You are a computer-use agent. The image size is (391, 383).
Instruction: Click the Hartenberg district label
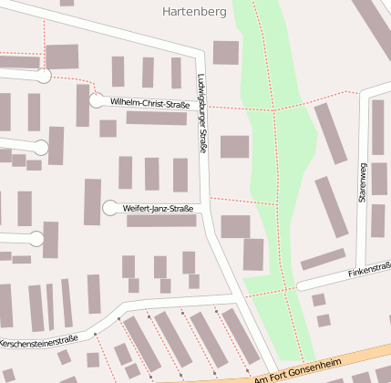pyautogui.click(x=192, y=12)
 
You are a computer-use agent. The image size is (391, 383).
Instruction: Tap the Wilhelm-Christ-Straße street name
pyautogui.click(x=149, y=105)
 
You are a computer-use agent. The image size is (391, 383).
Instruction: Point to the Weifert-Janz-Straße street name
pyautogui.click(x=158, y=209)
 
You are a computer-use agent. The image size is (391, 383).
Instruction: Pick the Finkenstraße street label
pyautogui.click(x=368, y=272)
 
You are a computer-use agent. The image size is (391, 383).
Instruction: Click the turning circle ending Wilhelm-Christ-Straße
pyautogui.click(x=97, y=100)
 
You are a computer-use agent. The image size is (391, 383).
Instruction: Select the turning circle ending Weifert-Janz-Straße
pyautogui.click(x=110, y=208)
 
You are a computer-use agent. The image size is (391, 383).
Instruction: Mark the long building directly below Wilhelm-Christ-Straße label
pyautogui.click(x=156, y=119)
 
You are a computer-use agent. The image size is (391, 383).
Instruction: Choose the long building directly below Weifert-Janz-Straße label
pyautogui.click(x=161, y=221)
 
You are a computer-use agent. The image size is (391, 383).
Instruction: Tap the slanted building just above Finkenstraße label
pyautogui.click(x=323, y=260)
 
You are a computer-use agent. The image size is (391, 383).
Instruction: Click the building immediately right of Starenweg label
pyautogui.click(x=378, y=180)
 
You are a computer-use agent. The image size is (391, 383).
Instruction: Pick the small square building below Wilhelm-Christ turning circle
pyautogui.click(x=108, y=129)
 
